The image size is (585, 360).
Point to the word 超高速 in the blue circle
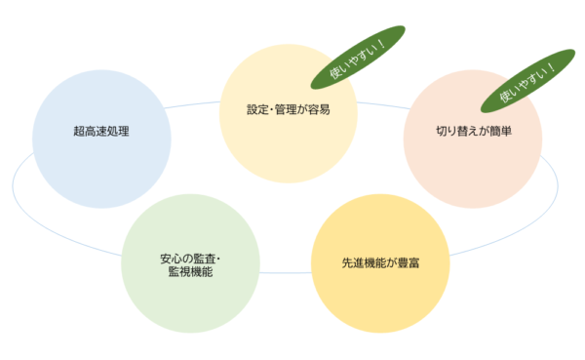(92, 130)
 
